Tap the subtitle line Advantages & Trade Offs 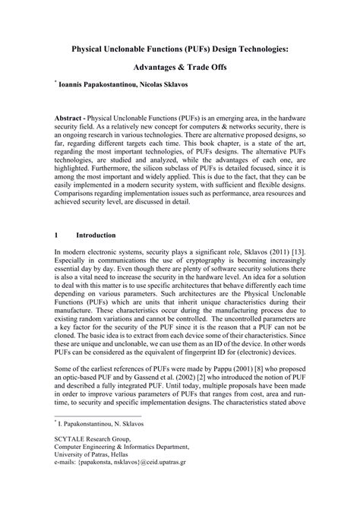(x=179, y=67)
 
